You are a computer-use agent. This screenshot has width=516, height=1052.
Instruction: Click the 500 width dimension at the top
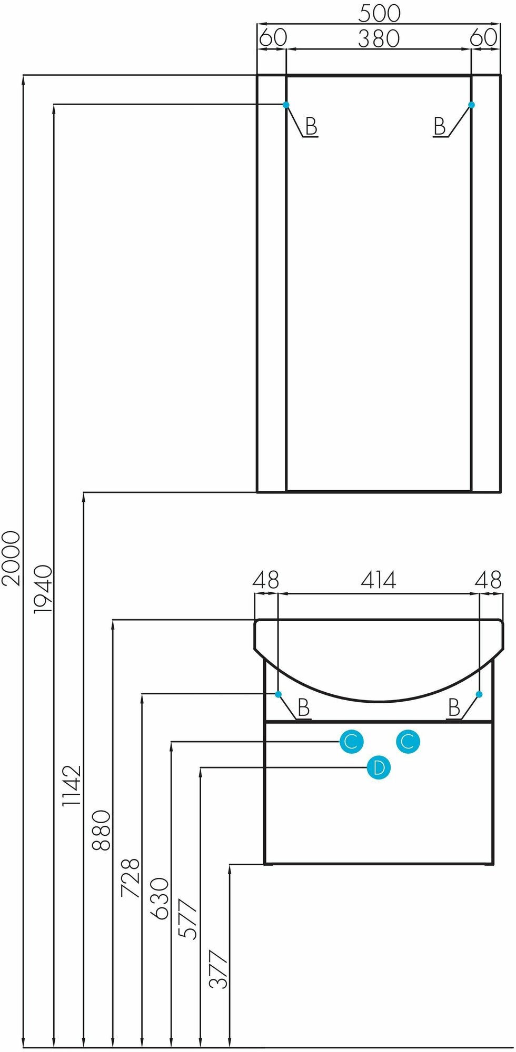[379, 13]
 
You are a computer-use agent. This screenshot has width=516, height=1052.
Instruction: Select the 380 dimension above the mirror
[379, 38]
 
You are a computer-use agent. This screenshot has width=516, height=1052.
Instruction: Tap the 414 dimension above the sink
[378, 580]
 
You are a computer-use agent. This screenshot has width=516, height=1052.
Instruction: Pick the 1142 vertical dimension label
[72, 786]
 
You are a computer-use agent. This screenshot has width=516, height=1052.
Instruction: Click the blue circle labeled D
[379, 768]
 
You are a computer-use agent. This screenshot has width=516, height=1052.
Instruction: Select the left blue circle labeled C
[351, 742]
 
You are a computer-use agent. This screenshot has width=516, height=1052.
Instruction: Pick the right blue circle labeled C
[408, 742]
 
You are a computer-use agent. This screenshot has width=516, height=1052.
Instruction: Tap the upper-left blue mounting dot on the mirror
[286, 105]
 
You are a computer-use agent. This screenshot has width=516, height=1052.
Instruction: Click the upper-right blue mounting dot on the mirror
[471, 105]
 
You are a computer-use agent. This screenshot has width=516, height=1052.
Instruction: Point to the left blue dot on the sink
[279, 694]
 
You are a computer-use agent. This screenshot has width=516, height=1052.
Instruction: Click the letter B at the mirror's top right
[440, 126]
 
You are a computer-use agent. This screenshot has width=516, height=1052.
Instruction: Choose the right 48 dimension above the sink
[488, 580]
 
